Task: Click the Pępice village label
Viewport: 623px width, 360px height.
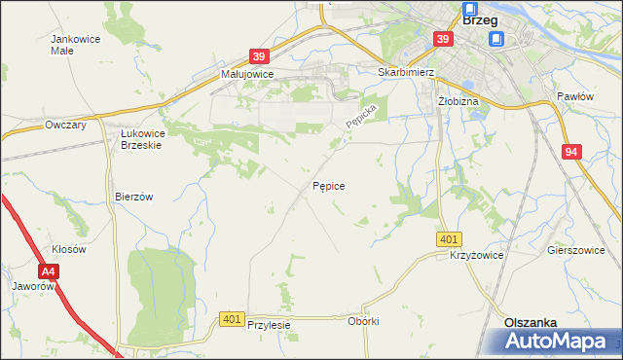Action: pyautogui.click(x=328, y=185)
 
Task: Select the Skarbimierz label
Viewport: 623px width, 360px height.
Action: pyautogui.click(x=404, y=72)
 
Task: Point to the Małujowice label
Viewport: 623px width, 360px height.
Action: pyautogui.click(x=247, y=73)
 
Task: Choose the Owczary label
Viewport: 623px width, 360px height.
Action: pyautogui.click(x=66, y=125)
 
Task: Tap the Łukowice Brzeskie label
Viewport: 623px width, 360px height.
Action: pyautogui.click(x=140, y=138)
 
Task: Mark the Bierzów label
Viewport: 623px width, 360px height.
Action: pyautogui.click(x=134, y=196)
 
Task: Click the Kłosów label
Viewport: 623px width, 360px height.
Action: pyautogui.click(x=69, y=249)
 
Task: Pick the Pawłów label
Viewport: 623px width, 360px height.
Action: pyautogui.click(x=574, y=96)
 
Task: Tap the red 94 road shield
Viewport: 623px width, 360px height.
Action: pyautogui.click(x=572, y=152)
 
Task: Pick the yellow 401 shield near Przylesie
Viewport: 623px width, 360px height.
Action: pyautogui.click(x=232, y=318)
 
